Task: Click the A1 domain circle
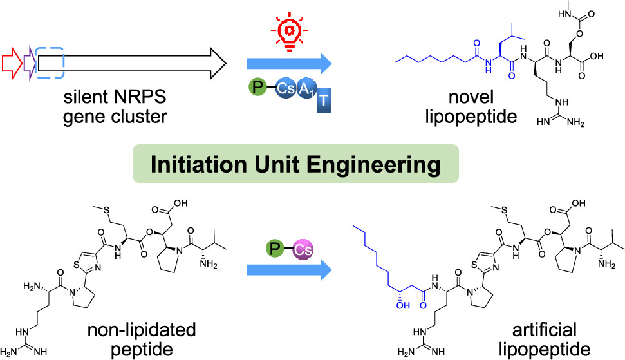tap(308, 93)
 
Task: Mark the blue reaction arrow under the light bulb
tap(288, 63)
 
